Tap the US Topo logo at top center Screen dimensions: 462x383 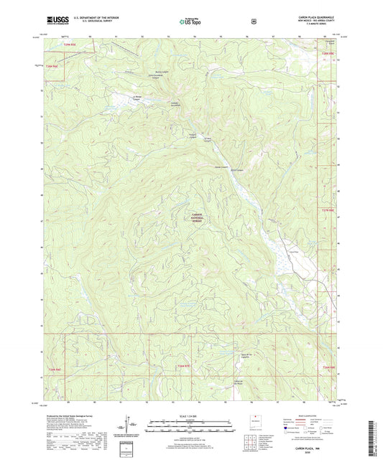pos(190,22)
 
